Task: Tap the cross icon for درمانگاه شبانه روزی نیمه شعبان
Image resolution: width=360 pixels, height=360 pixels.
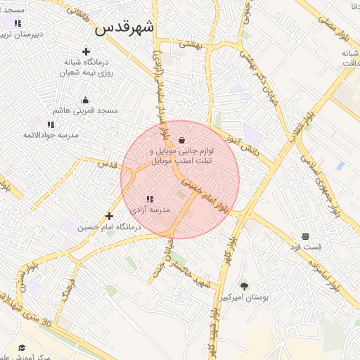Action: point(86,51)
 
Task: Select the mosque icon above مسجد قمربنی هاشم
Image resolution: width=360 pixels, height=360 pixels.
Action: point(86,101)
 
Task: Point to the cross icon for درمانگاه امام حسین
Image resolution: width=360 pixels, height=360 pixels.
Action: point(109,217)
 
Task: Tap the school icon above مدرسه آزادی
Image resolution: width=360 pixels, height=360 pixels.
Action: point(149,200)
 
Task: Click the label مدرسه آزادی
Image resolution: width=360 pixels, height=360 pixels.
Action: point(150,210)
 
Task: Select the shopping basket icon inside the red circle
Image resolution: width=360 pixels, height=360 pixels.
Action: point(182,139)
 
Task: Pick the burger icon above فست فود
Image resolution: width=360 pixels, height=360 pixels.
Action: point(305,236)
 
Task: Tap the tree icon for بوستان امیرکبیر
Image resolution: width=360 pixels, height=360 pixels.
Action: point(244,285)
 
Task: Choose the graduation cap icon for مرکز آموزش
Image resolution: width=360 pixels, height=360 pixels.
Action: point(22,348)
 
